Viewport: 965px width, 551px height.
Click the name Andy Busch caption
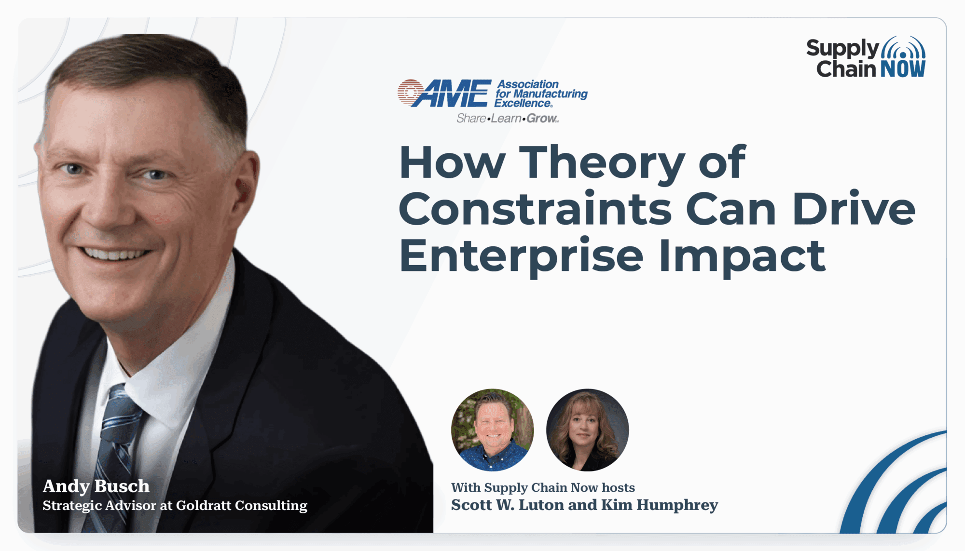click(x=96, y=486)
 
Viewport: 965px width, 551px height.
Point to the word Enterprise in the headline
click(x=521, y=256)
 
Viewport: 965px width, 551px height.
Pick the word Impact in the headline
click(x=742, y=256)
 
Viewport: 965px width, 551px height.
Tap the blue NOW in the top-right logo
click(x=903, y=69)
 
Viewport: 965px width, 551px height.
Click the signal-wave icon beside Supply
click(x=903, y=48)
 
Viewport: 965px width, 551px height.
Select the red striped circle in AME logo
click(x=410, y=92)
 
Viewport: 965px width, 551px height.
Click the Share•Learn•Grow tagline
click(x=508, y=119)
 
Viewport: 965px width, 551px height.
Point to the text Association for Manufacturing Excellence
click(x=541, y=94)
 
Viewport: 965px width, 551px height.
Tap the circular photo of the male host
click(x=492, y=430)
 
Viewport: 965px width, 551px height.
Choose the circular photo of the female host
click(x=587, y=430)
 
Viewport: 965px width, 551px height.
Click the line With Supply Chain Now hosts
click(x=543, y=487)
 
